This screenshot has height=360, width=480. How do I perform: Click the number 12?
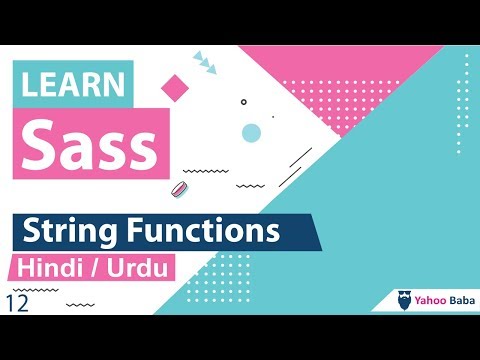16,303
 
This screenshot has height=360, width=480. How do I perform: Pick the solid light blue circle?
252,133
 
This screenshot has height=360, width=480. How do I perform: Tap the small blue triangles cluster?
204,62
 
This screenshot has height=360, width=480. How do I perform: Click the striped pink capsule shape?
181,189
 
